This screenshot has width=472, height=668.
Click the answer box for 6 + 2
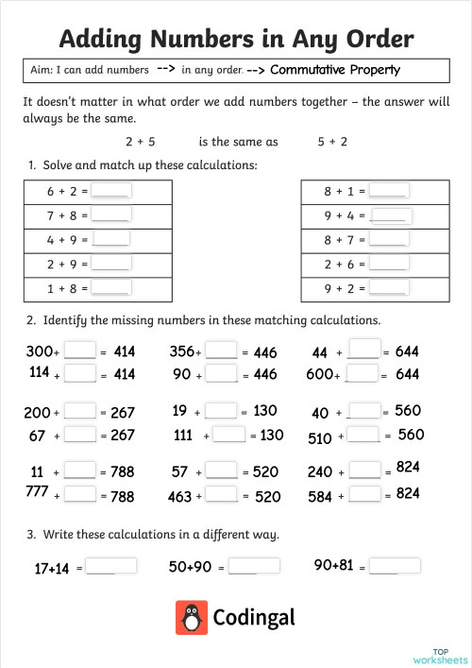[x=111, y=190]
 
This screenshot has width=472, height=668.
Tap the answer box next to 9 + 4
[x=392, y=215]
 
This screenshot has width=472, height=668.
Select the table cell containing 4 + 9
[x=96, y=240]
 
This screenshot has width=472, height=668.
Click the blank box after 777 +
[x=80, y=493]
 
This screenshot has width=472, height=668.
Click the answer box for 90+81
[x=396, y=565]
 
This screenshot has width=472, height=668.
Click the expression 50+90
[x=190, y=567]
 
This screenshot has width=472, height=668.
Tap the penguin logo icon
[x=192, y=618]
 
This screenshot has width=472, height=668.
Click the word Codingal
[x=254, y=618]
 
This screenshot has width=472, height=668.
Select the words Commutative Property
[x=335, y=70]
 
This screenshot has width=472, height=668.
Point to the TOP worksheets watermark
[x=440, y=656]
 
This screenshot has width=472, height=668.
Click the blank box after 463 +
[x=221, y=494]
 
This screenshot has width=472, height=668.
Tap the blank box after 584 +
[x=364, y=493]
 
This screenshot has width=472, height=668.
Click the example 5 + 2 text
[x=332, y=142]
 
